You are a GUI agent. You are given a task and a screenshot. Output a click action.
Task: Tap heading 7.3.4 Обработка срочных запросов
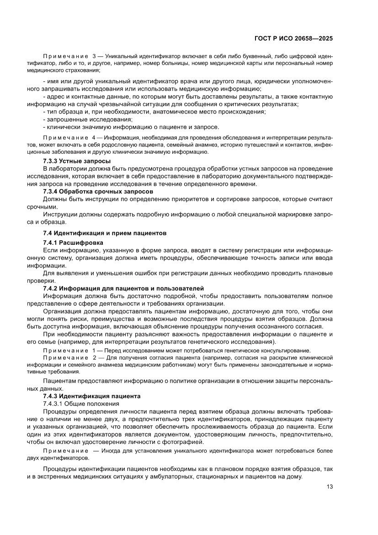pos(98,191)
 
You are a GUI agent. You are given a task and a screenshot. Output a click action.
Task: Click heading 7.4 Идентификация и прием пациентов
pos(104,233)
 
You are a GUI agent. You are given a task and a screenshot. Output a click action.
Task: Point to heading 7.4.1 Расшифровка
pos(73,243)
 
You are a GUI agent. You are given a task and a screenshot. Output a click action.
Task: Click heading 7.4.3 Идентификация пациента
pos(91,396)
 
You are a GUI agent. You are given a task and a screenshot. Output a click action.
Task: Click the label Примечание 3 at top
pos(67,55)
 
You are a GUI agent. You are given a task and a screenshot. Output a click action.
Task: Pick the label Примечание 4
pos(67,138)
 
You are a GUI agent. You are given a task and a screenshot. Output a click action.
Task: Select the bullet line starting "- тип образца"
pos(154,112)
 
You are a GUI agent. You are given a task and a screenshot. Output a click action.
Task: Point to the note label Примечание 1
pos(67,350)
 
